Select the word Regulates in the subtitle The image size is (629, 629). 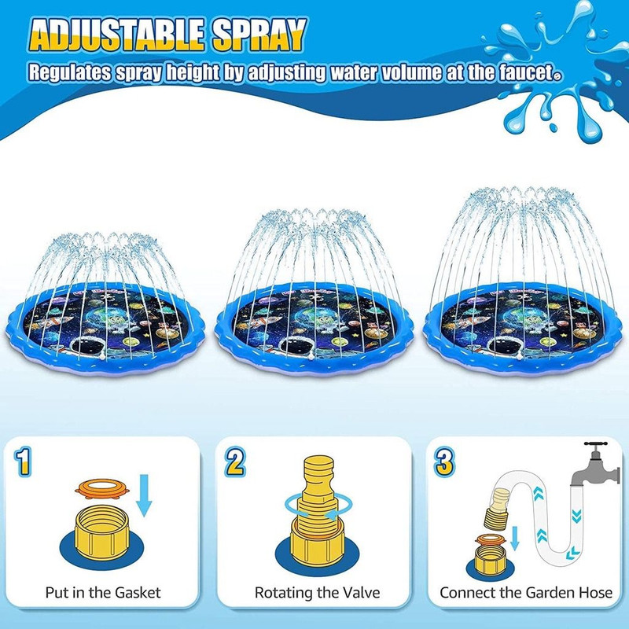[x=69, y=73]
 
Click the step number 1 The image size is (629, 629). [x=23, y=462]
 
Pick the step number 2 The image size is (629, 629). [x=235, y=462]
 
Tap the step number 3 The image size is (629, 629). [x=444, y=462]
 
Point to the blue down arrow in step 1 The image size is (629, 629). [x=144, y=495]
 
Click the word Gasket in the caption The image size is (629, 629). [x=138, y=593]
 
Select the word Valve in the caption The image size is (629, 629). [x=360, y=593]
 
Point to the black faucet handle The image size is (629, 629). [x=596, y=445]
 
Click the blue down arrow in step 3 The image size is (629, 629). [x=515, y=539]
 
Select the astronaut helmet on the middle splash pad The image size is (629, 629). [x=296, y=345]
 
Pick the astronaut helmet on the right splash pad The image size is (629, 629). [x=506, y=345]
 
